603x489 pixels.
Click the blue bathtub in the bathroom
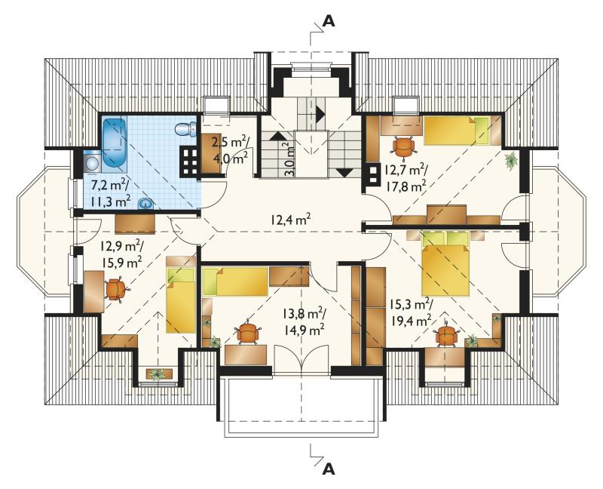click(x=115, y=145)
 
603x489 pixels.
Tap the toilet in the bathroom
click(x=185, y=129)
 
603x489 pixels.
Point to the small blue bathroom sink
click(x=145, y=204)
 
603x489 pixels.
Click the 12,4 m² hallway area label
click(x=290, y=220)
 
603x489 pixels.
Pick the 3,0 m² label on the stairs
click(x=289, y=159)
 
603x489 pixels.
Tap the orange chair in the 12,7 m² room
click(x=403, y=146)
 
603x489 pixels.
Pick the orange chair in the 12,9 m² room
click(x=116, y=290)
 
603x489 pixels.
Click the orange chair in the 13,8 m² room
click(x=248, y=332)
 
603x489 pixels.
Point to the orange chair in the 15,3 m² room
click(x=446, y=335)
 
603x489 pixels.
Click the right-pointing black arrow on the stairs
click(x=320, y=112)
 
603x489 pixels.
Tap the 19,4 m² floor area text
click(x=410, y=320)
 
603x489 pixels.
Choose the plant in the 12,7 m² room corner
click(x=511, y=159)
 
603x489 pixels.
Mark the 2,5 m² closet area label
click(x=231, y=142)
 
